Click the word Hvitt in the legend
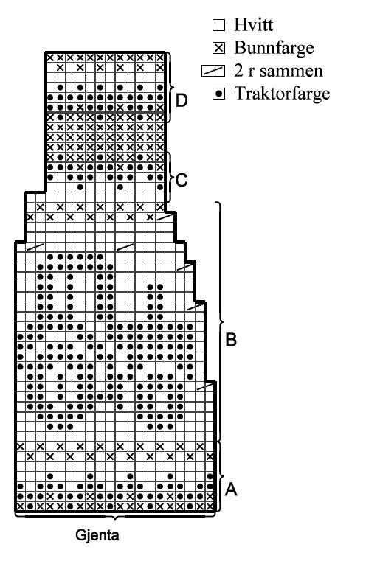[254, 24]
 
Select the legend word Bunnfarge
[274, 48]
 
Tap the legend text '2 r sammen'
[278, 71]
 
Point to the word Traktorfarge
[282, 94]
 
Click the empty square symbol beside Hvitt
[219, 25]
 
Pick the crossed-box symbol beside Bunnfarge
[219, 48]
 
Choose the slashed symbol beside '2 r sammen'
[213, 71]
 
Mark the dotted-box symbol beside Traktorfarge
[219, 94]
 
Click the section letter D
[182, 100]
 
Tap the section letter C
[182, 180]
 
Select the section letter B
[231, 340]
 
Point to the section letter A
[231, 489]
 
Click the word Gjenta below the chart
[97, 535]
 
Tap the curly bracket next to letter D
[170, 87]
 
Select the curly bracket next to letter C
[171, 178]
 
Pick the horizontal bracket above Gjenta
[114, 517]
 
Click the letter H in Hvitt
[240, 24]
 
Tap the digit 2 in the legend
[238, 71]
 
